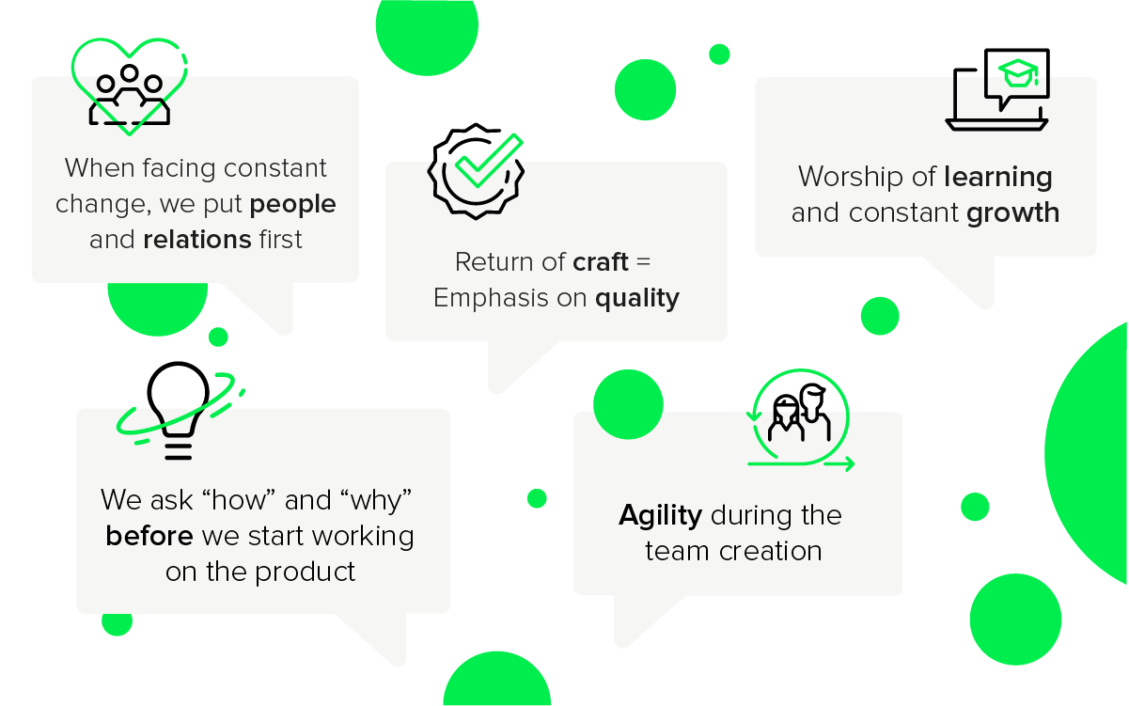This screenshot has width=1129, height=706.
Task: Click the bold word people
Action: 292,205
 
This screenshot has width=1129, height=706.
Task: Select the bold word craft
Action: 601,262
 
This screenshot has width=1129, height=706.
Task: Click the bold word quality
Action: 636,299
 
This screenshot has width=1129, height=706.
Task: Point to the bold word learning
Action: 998,178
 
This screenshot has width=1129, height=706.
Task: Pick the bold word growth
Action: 1012,213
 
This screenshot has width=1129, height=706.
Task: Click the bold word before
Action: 149,536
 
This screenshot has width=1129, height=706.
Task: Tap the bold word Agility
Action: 661,515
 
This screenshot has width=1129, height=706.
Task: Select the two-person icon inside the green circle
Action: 800,414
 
